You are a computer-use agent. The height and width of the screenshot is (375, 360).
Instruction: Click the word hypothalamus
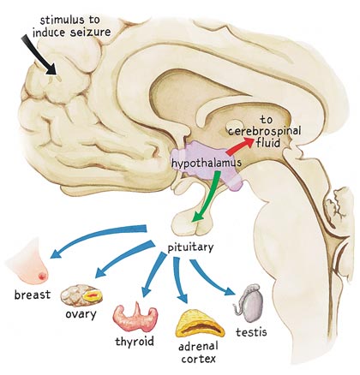coord(207,164)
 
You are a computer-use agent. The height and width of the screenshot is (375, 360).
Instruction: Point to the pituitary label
coord(190,247)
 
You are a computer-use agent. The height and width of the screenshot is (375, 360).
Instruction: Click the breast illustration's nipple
coord(43,276)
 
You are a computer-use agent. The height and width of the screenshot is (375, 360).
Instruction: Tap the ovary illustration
coord(81,296)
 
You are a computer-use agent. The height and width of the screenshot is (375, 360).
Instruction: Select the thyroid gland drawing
coord(135,317)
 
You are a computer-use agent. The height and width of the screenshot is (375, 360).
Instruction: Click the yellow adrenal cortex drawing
coord(200,324)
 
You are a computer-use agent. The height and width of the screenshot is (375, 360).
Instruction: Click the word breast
coord(33,295)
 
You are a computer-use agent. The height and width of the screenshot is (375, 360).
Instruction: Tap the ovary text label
coord(81,314)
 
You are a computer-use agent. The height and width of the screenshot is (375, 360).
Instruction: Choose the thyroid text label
coord(135,341)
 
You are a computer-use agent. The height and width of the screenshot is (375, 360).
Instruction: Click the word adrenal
coord(198,347)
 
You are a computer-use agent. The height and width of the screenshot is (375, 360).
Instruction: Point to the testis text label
coord(251,332)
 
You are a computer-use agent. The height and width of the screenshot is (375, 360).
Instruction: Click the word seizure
coord(90,33)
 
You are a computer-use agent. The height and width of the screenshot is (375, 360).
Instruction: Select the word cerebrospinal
coord(264,132)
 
